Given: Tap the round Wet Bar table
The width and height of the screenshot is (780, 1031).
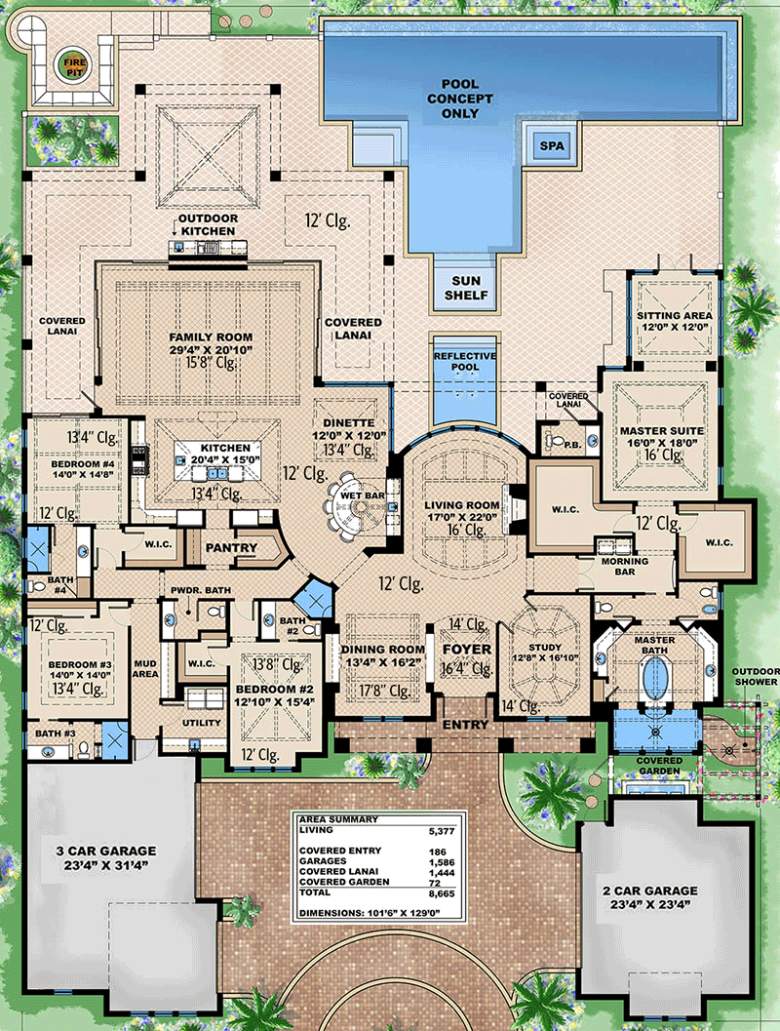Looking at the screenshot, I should [x=349, y=506].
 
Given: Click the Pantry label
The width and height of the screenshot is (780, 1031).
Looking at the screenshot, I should [x=232, y=548].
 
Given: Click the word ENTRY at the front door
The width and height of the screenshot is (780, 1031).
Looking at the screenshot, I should [x=464, y=725].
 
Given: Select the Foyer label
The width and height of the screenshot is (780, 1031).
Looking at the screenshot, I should [x=464, y=649].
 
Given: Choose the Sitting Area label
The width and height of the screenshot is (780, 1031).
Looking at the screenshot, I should [x=675, y=316].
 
